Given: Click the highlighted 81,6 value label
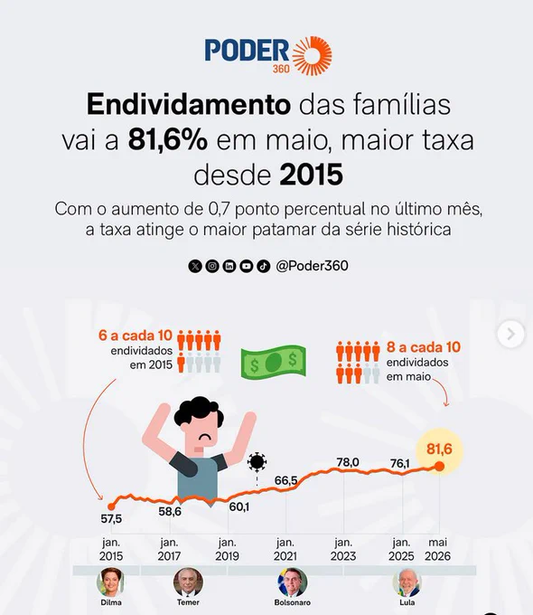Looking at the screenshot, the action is click(x=439, y=449).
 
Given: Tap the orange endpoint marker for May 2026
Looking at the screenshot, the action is click(x=440, y=467).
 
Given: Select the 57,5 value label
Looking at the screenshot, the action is click(x=111, y=519).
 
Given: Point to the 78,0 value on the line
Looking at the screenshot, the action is click(x=348, y=462).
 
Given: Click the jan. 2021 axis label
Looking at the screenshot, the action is click(x=285, y=550).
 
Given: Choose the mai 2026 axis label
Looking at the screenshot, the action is click(x=437, y=550).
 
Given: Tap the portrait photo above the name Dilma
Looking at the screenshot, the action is click(x=110, y=582).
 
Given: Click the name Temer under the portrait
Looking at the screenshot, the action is click(x=188, y=602).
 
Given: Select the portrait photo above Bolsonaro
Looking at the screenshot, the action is click(x=293, y=582).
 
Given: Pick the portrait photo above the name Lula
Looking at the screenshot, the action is click(x=407, y=582).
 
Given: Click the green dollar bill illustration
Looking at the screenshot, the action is click(x=274, y=362).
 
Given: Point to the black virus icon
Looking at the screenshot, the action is click(x=257, y=462).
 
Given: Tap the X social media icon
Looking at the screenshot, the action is click(x=195, y=266).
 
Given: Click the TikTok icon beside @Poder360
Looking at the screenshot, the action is click(x=264, y=266).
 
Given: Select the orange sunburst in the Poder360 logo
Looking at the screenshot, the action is click(x=313, y=56).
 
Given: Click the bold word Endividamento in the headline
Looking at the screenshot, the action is click(x=189, y=104).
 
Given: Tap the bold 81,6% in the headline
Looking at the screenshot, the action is click(x=168, y=140).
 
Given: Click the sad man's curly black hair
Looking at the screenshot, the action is click(x=199, y=411).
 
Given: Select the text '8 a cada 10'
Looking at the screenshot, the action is click(x=424, y=347).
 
